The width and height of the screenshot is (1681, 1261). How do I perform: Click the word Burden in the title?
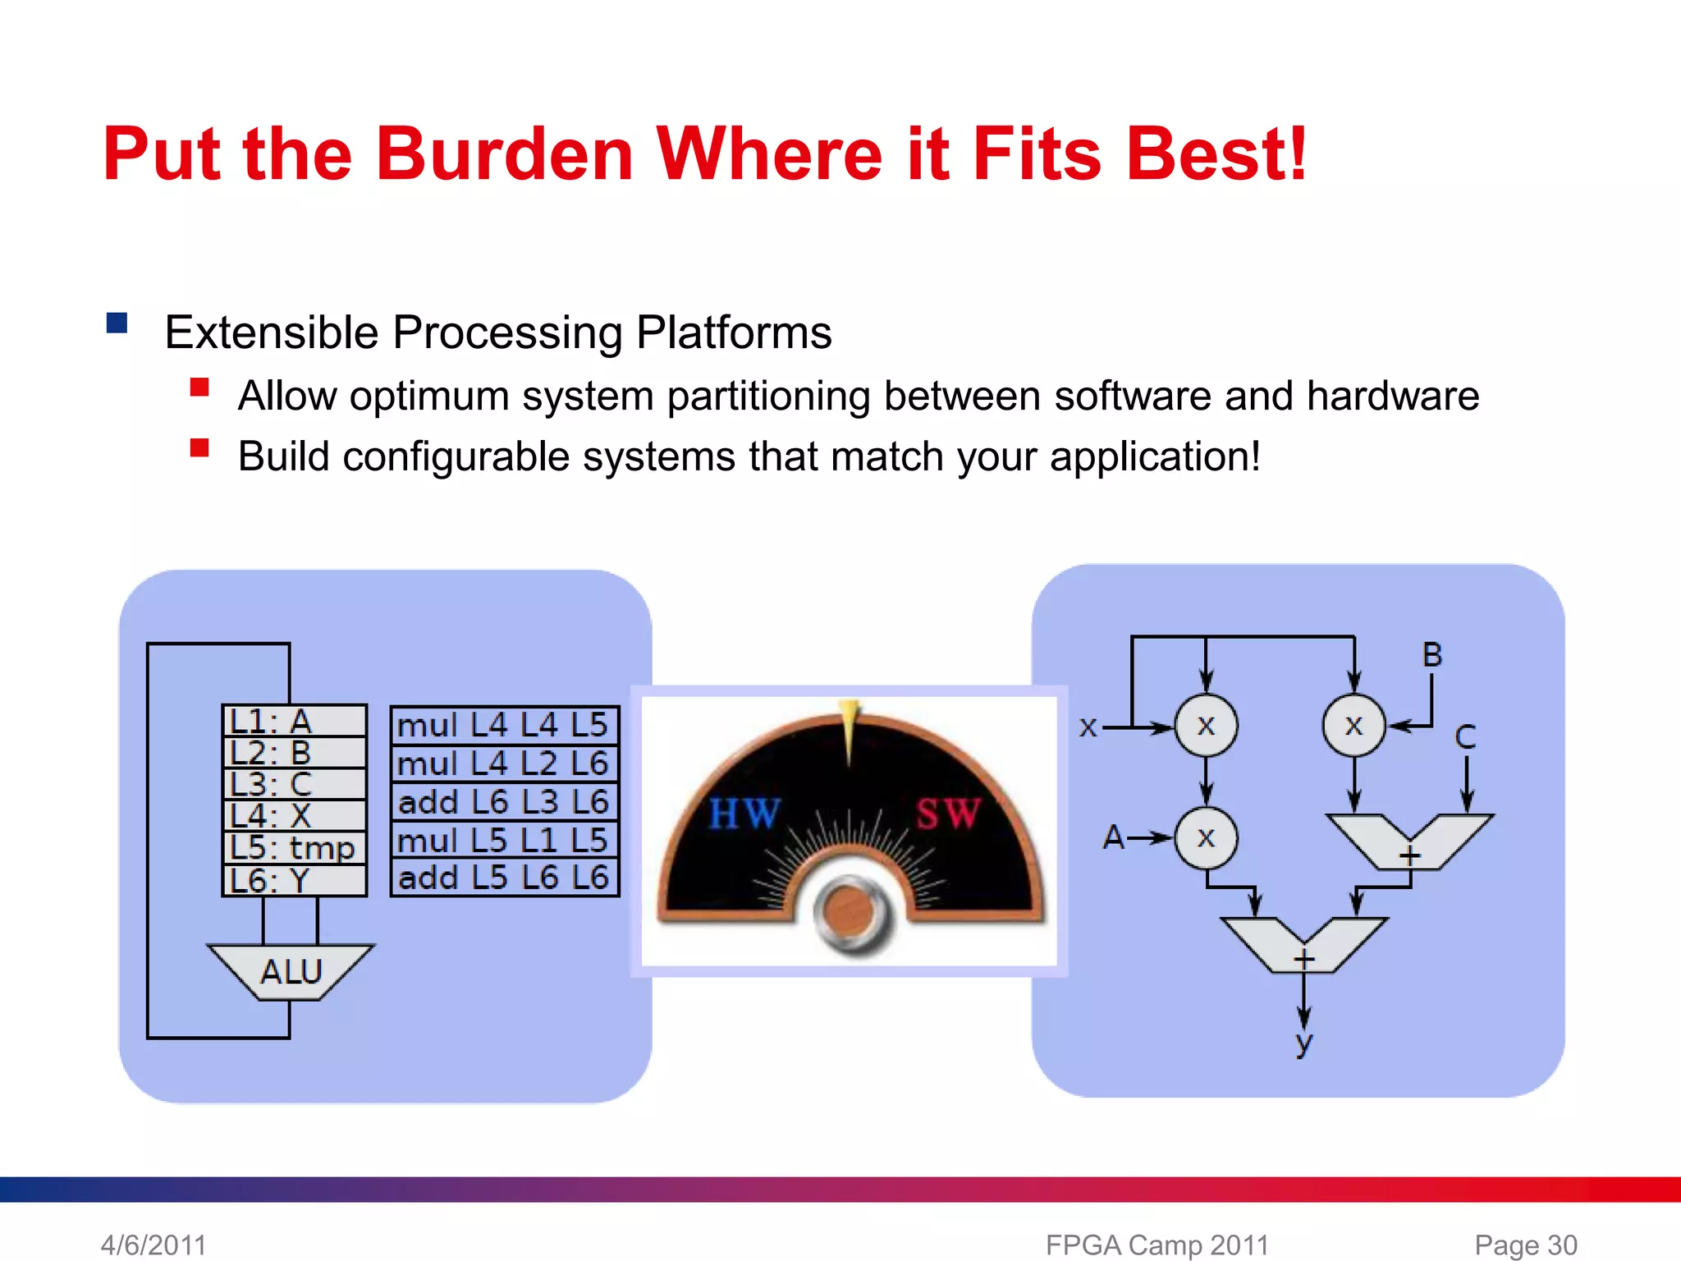coord(504,154)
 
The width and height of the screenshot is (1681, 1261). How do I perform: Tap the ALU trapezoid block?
coord(291,972)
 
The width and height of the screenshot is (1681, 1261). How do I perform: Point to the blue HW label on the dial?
coord(744,814)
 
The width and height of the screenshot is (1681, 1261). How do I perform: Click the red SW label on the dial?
coord(948,814)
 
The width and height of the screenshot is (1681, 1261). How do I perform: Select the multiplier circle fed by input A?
coord(1206,838)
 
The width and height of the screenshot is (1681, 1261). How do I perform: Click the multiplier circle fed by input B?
coord(1354,726)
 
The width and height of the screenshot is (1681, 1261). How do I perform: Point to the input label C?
coord(1465,736)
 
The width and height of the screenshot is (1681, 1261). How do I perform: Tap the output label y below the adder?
coord(1303,1043)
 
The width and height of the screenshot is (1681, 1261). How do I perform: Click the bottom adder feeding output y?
coord(1304,944)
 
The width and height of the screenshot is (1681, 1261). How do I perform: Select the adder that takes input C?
coord(1409,840)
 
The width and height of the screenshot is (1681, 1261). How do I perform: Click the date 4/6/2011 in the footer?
coord(153,1245)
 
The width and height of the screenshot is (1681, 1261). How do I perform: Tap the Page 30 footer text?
coord(1525,1245)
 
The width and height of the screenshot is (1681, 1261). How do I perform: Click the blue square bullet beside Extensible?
coord(117,323)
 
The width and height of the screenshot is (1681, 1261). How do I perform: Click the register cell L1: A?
coord(294,721)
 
